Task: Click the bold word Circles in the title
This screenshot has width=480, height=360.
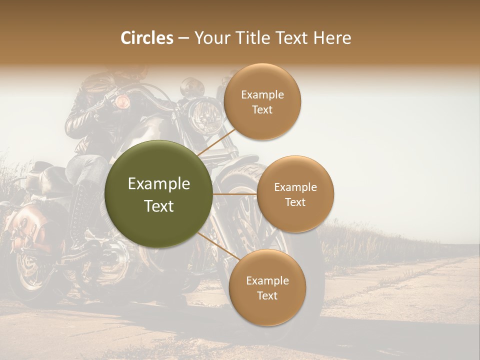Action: coord(147,38)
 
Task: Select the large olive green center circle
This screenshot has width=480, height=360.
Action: coord(159,194)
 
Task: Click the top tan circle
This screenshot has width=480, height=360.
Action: coord(262,102)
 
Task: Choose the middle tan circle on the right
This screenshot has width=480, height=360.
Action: coord(295,194)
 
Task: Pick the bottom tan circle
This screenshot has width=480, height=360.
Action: coord(267,287)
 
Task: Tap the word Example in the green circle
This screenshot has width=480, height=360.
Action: coord(159,184)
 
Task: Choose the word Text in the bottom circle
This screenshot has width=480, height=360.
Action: coord(267,295)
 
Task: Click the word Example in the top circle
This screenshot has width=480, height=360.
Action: coord(262,95)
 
